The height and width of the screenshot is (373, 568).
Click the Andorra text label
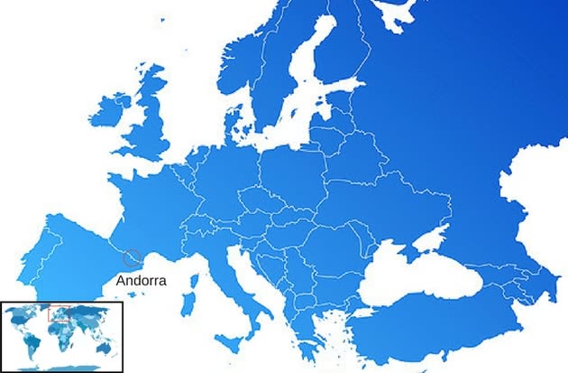click(x=142, y=281)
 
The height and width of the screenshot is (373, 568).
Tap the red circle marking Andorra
click(x=132, y=258)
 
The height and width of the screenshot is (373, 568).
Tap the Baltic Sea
click(x=298, y=108)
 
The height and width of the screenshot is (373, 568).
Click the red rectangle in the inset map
click(x=60, y=313)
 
